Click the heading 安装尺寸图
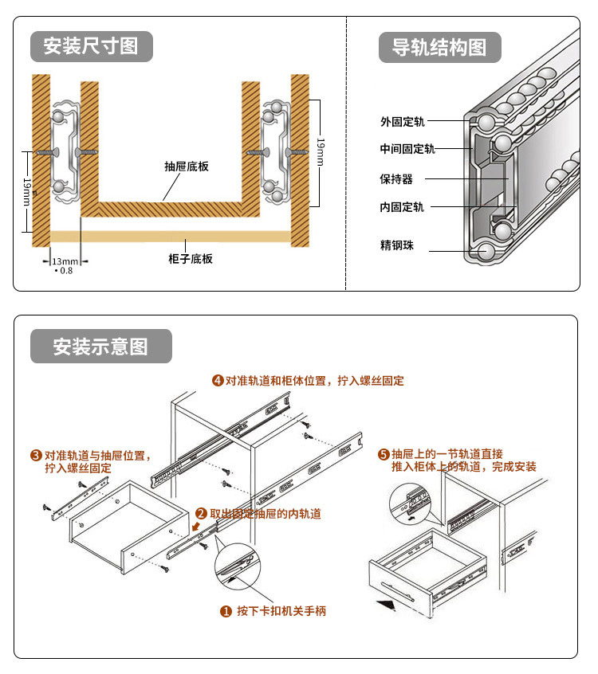click(x=91, y=45)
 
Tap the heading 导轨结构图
click(x=439, y=47)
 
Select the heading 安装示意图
click(x=100, y=347)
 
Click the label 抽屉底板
click(x=187, y=167)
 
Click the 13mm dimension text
click(x=65, y=261)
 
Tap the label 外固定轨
click(x=403, y=122)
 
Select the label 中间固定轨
click(x=407, y=149)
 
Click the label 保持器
click(x=396, y=179)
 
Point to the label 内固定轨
click(x=403, y=207)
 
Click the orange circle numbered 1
click(x=226, y=612)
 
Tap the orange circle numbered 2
click(x=201, y=514)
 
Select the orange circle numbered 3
click(x=36, y=456)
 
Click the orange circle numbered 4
click(x=218, y=381)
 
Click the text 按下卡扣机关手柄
click(x=281, y=612)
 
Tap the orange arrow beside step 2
click(x=198, y=527)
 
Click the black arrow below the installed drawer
click(x=385, y=605)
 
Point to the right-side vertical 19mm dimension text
click(x=320, y=151)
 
